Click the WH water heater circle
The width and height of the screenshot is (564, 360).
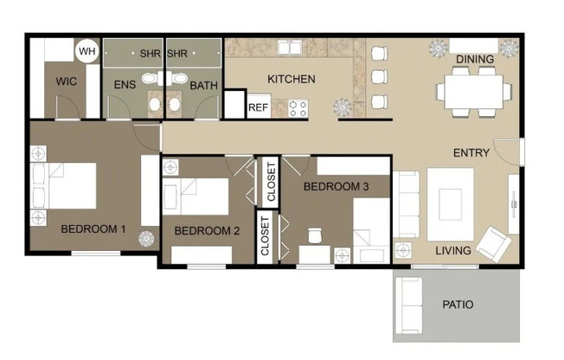(87, 52)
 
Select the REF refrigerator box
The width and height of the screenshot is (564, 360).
(258, 107)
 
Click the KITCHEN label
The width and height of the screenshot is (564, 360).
(291, 80)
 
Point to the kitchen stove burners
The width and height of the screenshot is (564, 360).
(298, 107)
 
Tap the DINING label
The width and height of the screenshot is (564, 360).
(476, 60)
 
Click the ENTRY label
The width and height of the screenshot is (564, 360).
(471, 153)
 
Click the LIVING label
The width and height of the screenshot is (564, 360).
(453, 251)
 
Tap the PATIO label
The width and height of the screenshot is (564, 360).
(458, 305)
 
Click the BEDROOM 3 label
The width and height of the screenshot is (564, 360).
(336, 186)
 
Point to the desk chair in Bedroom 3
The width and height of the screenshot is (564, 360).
(315, 235)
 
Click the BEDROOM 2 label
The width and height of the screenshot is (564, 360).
(207, 231)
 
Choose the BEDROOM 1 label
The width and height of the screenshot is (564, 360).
(93, 229)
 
